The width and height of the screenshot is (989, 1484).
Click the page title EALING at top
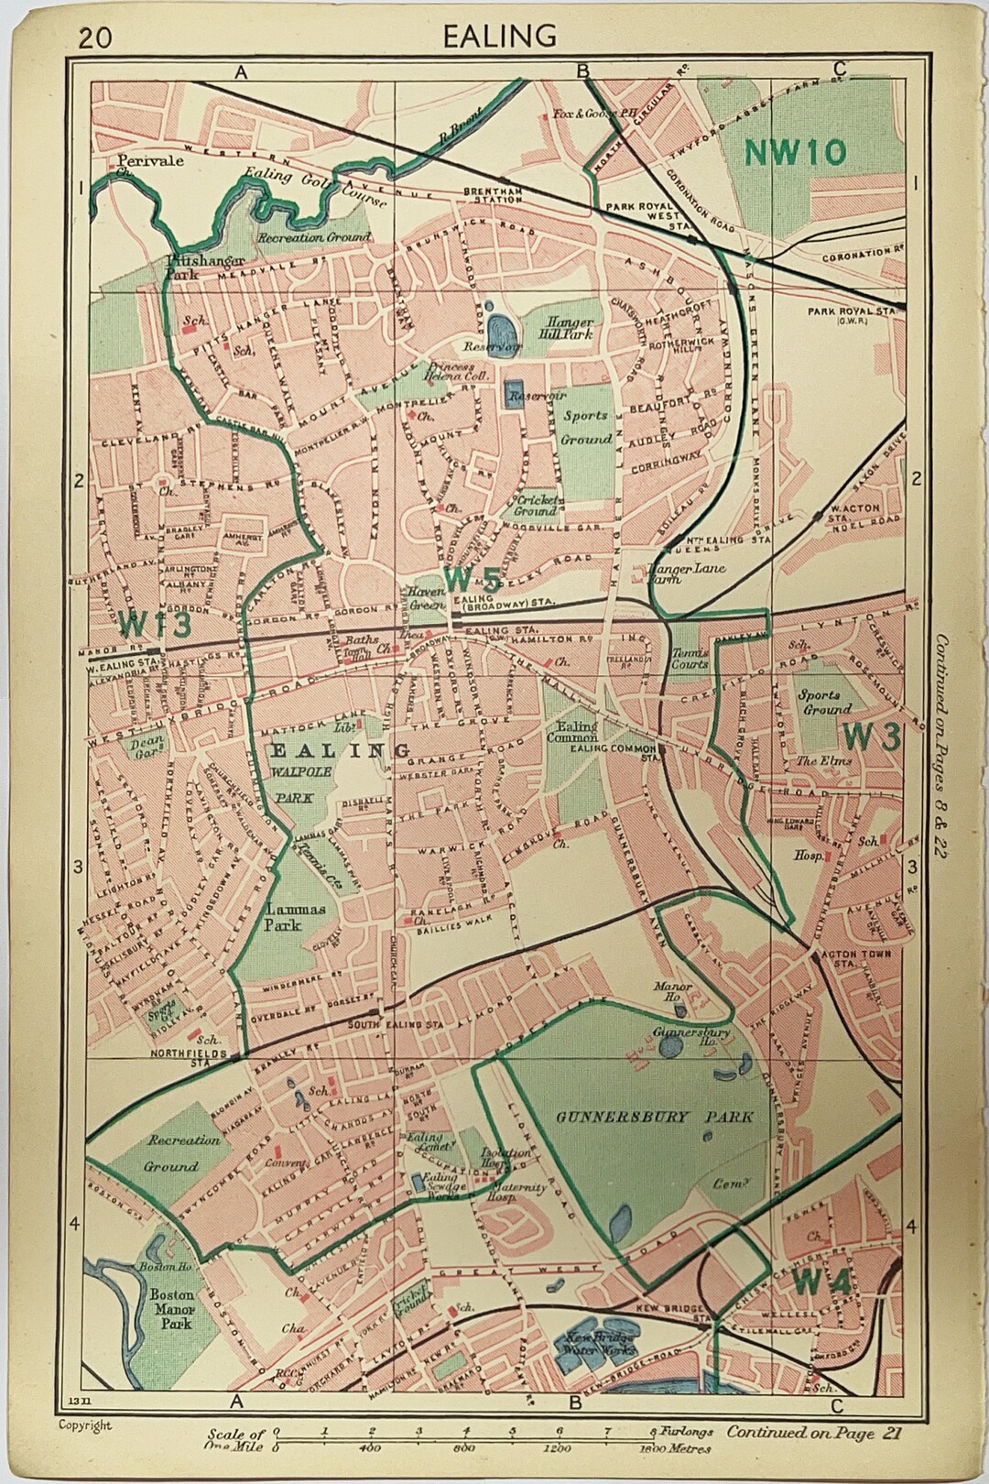pos(499,36)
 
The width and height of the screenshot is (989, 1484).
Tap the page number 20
pos(96,38)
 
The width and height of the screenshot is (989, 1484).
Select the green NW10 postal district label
pos(795,152)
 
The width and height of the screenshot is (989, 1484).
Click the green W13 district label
pos(155,624)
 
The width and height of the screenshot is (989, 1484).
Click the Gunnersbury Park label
pos(655,1117)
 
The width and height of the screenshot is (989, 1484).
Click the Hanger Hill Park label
pos(571,328)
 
